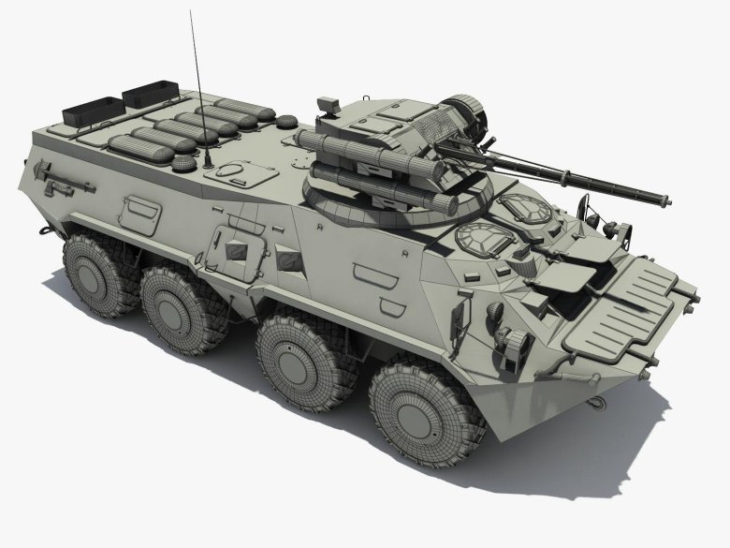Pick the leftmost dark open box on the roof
pyautogui.click(x=91, y=111)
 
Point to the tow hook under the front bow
pyautogui.click(x=594, y=403)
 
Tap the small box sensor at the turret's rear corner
pyautogui.click(x=328, y=103)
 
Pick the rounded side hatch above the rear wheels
pyautogui.click(x=139, y=214)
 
